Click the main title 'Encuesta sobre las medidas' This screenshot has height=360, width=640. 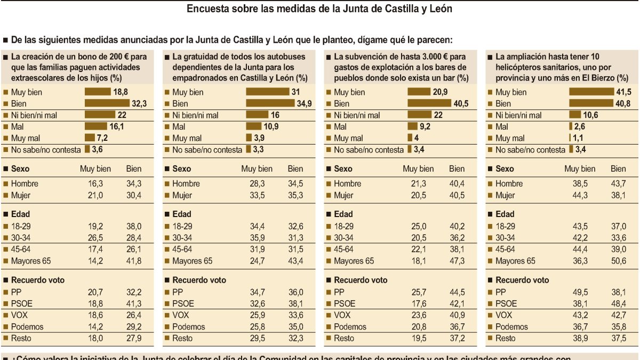pyautogui.click(x=320, y=9)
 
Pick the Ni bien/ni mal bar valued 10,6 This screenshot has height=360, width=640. pyautogui.click(x=575, y=115)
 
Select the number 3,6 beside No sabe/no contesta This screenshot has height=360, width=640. pyautogui.click(x=97, y=150)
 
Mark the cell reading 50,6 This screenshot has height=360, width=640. pyautogui.click(x=618, y=261)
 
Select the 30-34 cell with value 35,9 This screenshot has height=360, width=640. pyautogui.click(x=257, y=238)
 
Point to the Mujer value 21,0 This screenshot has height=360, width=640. pyautogui.click(x=95, y=195)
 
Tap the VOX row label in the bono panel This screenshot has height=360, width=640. pyautogui.click(x=19, y=315)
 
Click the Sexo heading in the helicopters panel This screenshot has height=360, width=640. pyautogui.click(x=505, y=169)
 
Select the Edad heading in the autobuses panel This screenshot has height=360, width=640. pyautogui.click(x=182, y=214)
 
